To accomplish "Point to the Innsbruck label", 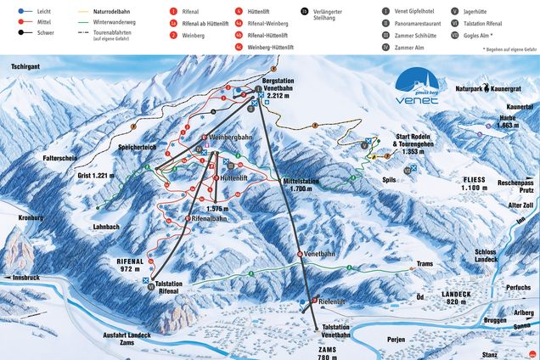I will click(21, 278).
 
